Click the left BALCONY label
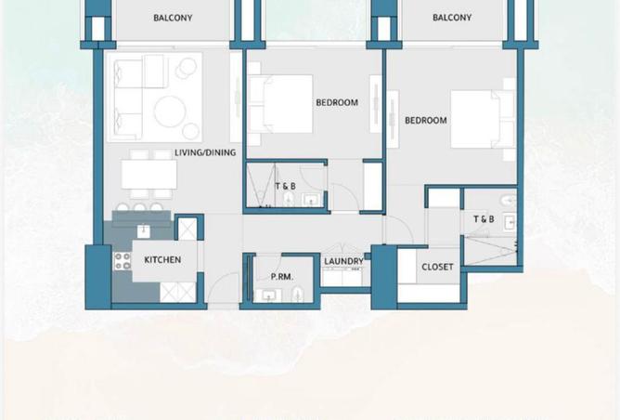point(173,18)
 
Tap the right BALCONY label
point(452,18)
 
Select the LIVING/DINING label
point(205,152)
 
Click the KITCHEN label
point(162,260)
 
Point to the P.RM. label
point(282,277)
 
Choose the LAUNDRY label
point(343,261)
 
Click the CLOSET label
point(437,267)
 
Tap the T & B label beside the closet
point(484,219)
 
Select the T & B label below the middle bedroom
point(285,186)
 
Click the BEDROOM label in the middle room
point(337,102)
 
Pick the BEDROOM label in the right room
point(426,120)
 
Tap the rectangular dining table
point(149,174)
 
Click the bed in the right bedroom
point(480,119)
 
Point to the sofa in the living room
point(128,95)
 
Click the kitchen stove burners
point(122,260)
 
